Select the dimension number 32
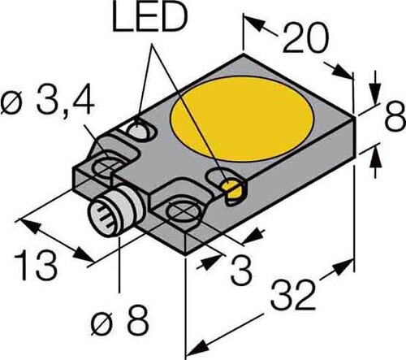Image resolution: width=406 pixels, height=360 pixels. coord(292,296)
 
